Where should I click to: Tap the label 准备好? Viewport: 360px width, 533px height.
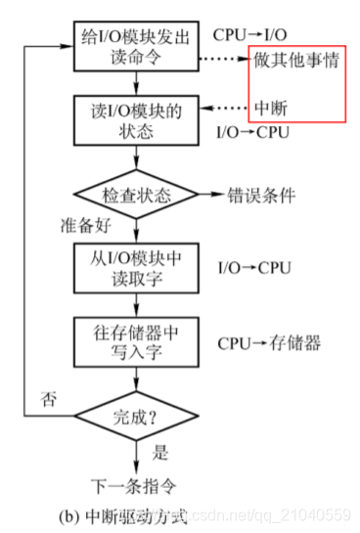[x=81, y=226]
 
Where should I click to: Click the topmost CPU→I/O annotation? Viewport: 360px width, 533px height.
[x=249, y=35]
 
